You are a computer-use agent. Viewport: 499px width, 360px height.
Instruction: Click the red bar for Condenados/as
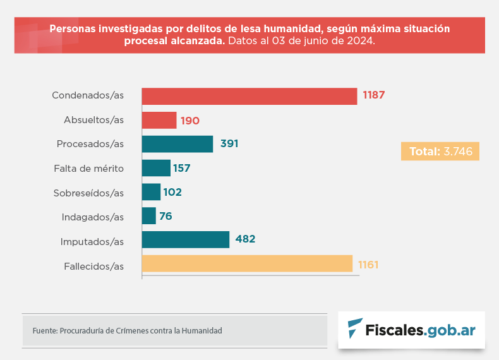point(249,96)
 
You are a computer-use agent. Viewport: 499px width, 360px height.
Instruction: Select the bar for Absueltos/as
point(159,121)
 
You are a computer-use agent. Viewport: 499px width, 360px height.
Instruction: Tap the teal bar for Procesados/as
point(177,144)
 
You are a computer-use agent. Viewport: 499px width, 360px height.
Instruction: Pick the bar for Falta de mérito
point(156,168)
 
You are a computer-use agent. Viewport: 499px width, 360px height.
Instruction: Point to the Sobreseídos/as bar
point(151,192)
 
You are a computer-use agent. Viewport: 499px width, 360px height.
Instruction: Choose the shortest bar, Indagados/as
point(149,216)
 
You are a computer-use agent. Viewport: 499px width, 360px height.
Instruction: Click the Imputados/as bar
point(186,239)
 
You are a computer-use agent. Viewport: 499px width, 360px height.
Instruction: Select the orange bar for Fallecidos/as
point(247,263)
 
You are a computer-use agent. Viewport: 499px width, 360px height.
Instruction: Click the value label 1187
point(373,95)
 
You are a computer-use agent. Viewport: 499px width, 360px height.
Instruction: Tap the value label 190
point(190,121)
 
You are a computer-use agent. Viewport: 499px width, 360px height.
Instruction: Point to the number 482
point(245,239)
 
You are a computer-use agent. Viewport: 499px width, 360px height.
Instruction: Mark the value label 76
point(165,216)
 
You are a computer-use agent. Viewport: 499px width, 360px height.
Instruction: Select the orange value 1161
point(368,265)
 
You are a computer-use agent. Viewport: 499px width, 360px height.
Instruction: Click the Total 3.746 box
point(440,151)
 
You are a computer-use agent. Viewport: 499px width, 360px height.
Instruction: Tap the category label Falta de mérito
point(89,169)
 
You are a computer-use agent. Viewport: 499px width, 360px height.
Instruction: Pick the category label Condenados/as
point(88,95)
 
